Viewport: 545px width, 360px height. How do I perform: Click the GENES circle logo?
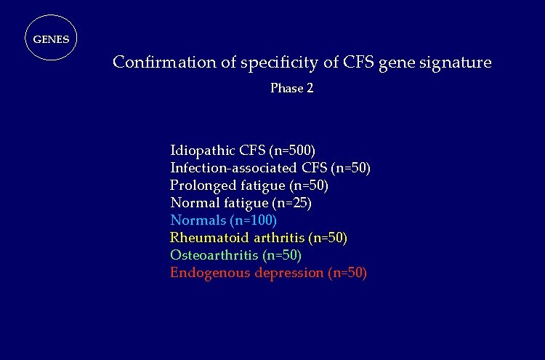pyautogui.click(x=51, y=38)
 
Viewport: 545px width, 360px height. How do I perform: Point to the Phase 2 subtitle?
pyautogui.click(x=291, y=89)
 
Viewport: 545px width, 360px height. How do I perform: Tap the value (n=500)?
pyautogui.click(x=292, y=151)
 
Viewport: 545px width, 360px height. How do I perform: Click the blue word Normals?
pyautogui.click(x=198, y=220)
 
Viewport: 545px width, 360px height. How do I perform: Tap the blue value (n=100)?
pyautogui.click(x=254, y=220)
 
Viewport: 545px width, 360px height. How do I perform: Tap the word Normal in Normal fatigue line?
pyautogui.click(x=193, y=204)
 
